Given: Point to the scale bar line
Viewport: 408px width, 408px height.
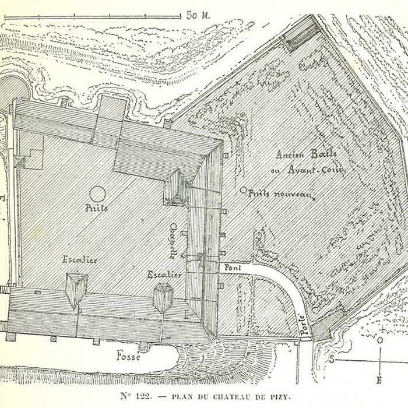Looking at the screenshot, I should click(x=93, y=16).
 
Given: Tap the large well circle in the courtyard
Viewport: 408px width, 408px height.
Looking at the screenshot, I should click(x=97, y=193).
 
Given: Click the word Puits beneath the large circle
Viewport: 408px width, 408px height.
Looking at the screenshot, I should click(x=97, y=208).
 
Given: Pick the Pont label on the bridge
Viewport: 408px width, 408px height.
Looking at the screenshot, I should click(x=230, y=268).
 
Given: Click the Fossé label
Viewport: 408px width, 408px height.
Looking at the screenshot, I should click(x=128, y=355).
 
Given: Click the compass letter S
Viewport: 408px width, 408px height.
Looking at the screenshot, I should click(x=332, y=360).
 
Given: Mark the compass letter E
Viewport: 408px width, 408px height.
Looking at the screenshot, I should click(x=378, y=381).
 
